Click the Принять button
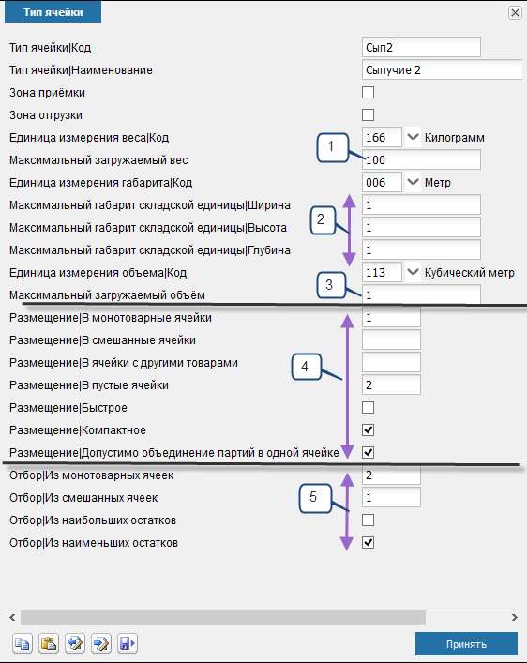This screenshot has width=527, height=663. click(x=466, y=643)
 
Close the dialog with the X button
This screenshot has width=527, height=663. click(x=515, y=13)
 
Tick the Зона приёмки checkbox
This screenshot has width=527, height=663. click(x=368, y=92)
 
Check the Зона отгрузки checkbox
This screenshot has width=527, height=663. click(x=368, y=114)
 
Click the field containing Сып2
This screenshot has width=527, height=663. click(x=421, y=47)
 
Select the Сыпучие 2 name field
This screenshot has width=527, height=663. click(x=443, y=69)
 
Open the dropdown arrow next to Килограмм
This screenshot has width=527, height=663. click(x=413, y=137)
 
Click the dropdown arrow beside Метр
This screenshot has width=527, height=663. click(x=413, y=182)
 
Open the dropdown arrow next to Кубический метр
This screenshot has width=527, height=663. click(x=413, y=272)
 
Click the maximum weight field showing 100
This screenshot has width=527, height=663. click(x=421, y=159)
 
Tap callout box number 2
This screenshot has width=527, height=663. click(x=323, y=219)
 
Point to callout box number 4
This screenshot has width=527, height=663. click(x=307, y=367)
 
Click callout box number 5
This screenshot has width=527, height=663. click(x=315, y=498)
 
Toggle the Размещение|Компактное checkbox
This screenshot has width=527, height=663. click(x=368, y=430)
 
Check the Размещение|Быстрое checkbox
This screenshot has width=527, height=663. click(x=368, y=408)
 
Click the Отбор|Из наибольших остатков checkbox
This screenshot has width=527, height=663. click(x=368, y=520)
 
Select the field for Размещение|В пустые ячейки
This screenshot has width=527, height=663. click(x=391, y=384)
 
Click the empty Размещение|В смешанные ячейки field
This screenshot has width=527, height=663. click(x=391, y=340)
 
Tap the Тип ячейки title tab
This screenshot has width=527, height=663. click(x=53, y=12)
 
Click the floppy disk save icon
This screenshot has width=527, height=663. click(x=127, y=643)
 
